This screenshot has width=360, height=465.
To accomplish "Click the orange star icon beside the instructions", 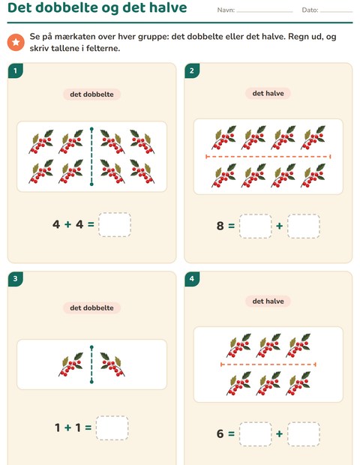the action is tap(16, 42).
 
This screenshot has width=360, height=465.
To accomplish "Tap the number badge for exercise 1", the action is tap(16, 70).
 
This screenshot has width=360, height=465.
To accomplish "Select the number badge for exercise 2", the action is tap(192, 70).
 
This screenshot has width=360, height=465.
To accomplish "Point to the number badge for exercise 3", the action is tap(16, 279).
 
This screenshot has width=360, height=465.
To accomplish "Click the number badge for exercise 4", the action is tap(192, 279).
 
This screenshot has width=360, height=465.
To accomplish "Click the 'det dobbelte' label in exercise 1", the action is tap(91, 94).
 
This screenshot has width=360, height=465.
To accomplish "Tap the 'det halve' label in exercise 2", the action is tap(268, 94).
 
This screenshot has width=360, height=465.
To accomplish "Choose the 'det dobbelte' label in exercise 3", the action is tap(91, 307).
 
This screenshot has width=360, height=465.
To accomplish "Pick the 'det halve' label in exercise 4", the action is tap(268, 301).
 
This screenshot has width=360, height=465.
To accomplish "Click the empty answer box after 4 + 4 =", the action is tap(115, 224).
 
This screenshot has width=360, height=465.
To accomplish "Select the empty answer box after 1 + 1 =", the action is tap(112, 428).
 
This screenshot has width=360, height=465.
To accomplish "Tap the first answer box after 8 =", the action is tap(255, 226).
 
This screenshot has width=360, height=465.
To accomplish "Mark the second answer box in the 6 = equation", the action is tap(303, 433).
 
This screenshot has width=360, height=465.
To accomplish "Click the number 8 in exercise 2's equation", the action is tap(220, 226).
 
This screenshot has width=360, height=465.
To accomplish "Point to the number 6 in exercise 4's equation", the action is tap(220, 433).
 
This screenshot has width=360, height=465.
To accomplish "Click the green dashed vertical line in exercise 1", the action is tap(91, 157).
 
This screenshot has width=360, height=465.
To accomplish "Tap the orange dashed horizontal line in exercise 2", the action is tap(268, 157).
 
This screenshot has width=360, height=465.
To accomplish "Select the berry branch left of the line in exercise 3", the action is tap(71, 364).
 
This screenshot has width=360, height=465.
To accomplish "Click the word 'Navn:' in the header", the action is tap(226, 10).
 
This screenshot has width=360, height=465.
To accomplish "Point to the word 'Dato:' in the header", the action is tap(310, 10).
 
